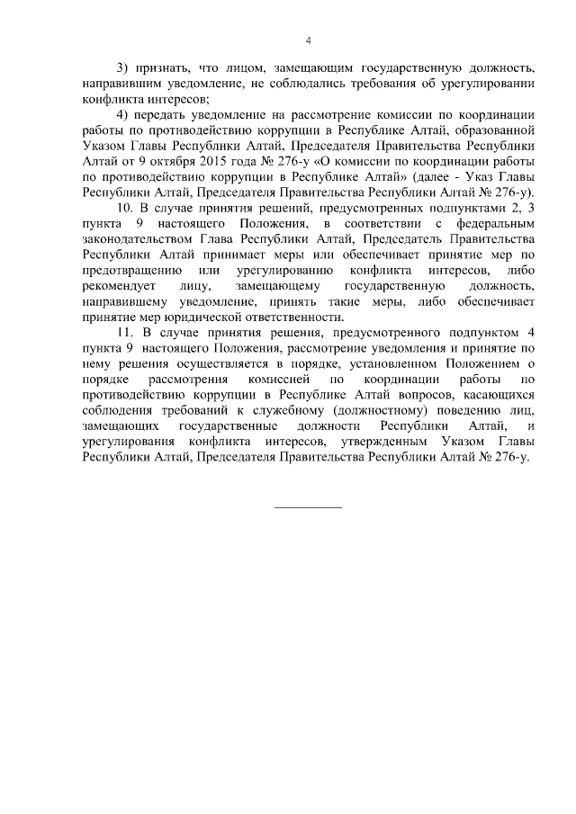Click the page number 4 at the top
[x=309, y=40]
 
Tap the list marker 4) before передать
[x=123, y=115]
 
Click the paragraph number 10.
[x=126, y=209]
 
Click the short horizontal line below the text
[x=308, y=508]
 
